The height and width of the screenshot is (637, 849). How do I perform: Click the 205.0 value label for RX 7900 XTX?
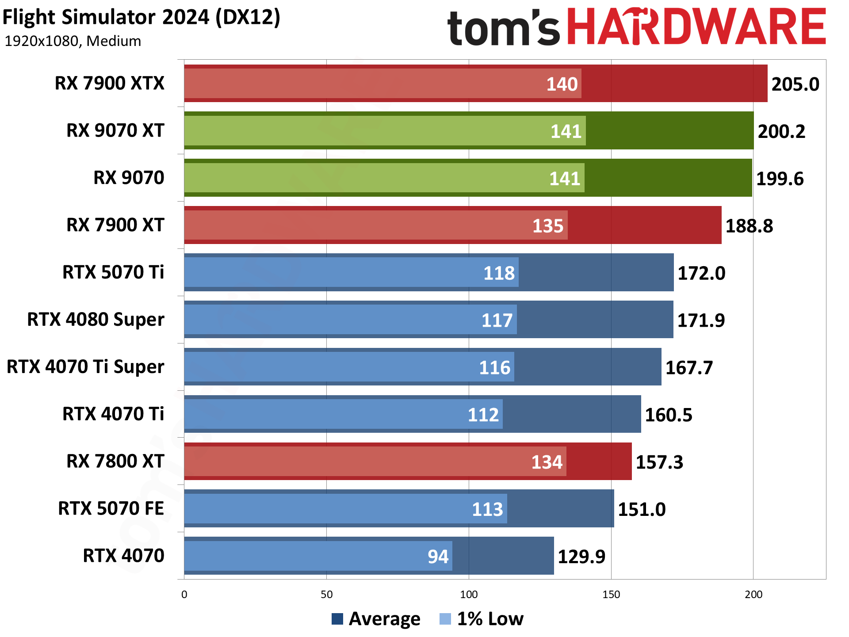795,84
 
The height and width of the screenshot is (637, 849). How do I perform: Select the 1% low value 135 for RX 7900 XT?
547,226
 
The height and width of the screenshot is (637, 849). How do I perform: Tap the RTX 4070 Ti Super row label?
85,367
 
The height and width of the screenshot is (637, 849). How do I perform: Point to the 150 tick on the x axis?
611,595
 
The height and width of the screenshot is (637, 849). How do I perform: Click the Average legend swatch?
337,619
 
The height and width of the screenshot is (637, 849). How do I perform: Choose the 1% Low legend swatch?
445,619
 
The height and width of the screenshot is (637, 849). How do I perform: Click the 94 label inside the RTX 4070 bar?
438,557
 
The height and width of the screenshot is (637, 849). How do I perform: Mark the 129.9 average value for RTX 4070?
581,557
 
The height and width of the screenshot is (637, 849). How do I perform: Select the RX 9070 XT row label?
115,130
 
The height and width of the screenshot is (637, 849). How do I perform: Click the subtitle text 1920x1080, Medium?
73,41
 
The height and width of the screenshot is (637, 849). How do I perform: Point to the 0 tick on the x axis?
184,595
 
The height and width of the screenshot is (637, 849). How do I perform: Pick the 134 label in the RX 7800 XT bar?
547,462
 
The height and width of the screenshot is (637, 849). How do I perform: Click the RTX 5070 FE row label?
111,508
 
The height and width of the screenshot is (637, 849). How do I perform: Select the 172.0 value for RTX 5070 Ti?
701,273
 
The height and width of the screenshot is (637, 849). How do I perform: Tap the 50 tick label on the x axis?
326,595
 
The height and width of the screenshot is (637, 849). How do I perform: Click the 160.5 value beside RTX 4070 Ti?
668,415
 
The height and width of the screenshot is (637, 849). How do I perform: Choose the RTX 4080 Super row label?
96,320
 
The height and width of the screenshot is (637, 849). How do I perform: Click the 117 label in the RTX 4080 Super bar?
497,320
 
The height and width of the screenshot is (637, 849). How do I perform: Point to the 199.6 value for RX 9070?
780,179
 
